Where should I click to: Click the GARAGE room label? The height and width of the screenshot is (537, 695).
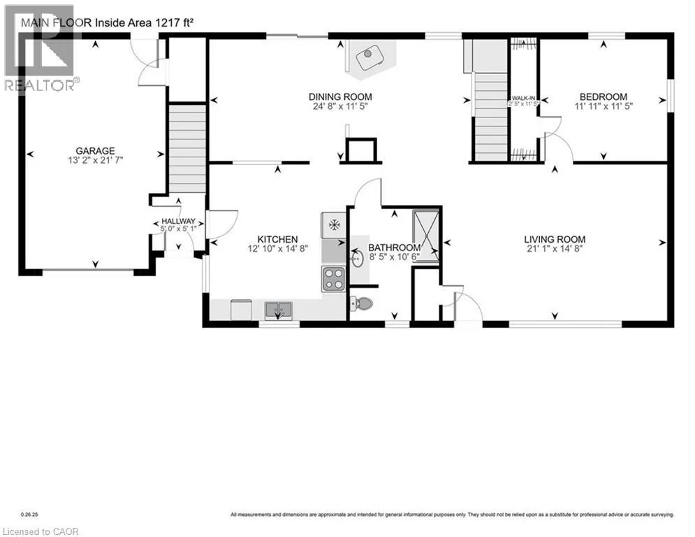point(96,150)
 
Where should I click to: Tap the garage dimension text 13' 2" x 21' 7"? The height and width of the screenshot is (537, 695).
point(96,161)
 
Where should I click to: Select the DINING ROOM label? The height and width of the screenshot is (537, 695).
point(340,96)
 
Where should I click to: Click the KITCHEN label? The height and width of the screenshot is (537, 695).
point(278,239)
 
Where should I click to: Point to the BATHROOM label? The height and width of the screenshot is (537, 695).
point(394,248)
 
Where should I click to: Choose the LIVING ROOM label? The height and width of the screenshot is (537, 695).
point(555,238)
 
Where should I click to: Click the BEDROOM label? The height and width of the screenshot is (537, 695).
point(603,97)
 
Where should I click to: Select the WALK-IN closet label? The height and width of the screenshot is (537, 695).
point(523,97)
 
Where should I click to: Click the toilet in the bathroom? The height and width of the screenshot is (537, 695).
point(360,303)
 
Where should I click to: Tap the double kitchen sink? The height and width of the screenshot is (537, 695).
point(279,308)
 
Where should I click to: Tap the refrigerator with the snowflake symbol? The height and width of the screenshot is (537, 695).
point(334,225)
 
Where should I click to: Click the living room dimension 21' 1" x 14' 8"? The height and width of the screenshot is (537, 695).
point(555,248)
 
